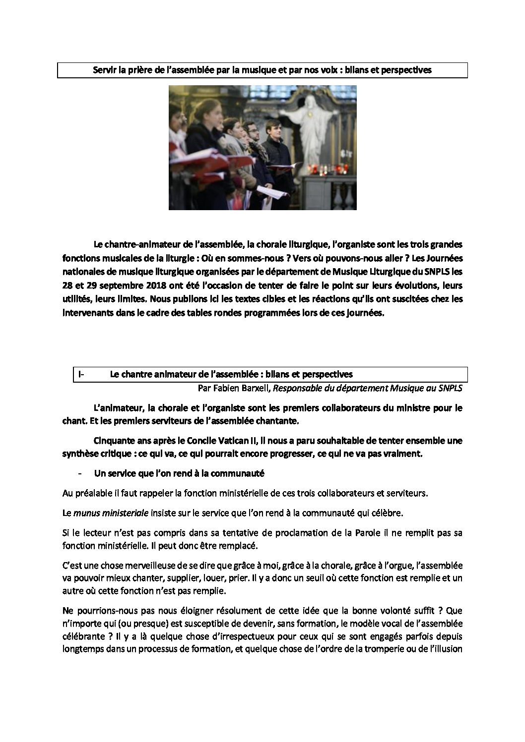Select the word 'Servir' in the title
pos(105,70)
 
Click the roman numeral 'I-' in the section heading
pos(81,374)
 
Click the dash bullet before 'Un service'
pos(80,473)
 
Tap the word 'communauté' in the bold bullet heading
pos(238,473)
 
